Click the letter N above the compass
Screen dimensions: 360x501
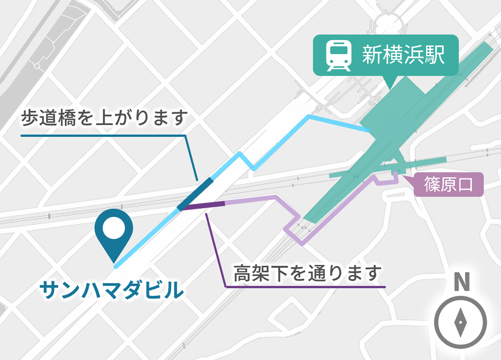461,283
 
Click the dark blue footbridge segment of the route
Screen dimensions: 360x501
195,194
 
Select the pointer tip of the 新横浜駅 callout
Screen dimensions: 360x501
390,88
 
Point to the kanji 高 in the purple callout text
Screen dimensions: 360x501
241,273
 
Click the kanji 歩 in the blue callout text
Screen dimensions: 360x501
30,119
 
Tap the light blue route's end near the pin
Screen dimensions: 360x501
117,267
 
